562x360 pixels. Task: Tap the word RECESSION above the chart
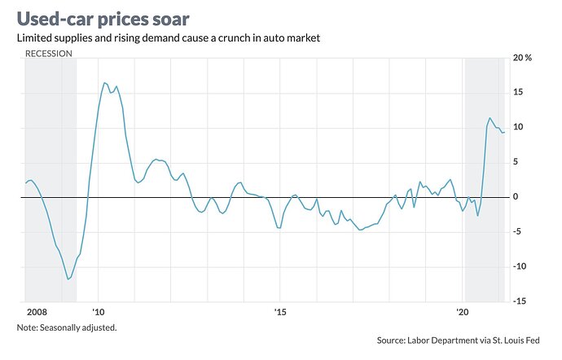48,53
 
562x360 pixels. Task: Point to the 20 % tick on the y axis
523,59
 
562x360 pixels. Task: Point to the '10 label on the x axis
99,312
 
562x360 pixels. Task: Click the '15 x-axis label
280,312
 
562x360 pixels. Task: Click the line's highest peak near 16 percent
104,82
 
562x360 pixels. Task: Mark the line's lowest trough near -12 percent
68,279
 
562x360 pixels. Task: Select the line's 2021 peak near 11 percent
490,118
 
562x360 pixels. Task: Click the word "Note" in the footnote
27,327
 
